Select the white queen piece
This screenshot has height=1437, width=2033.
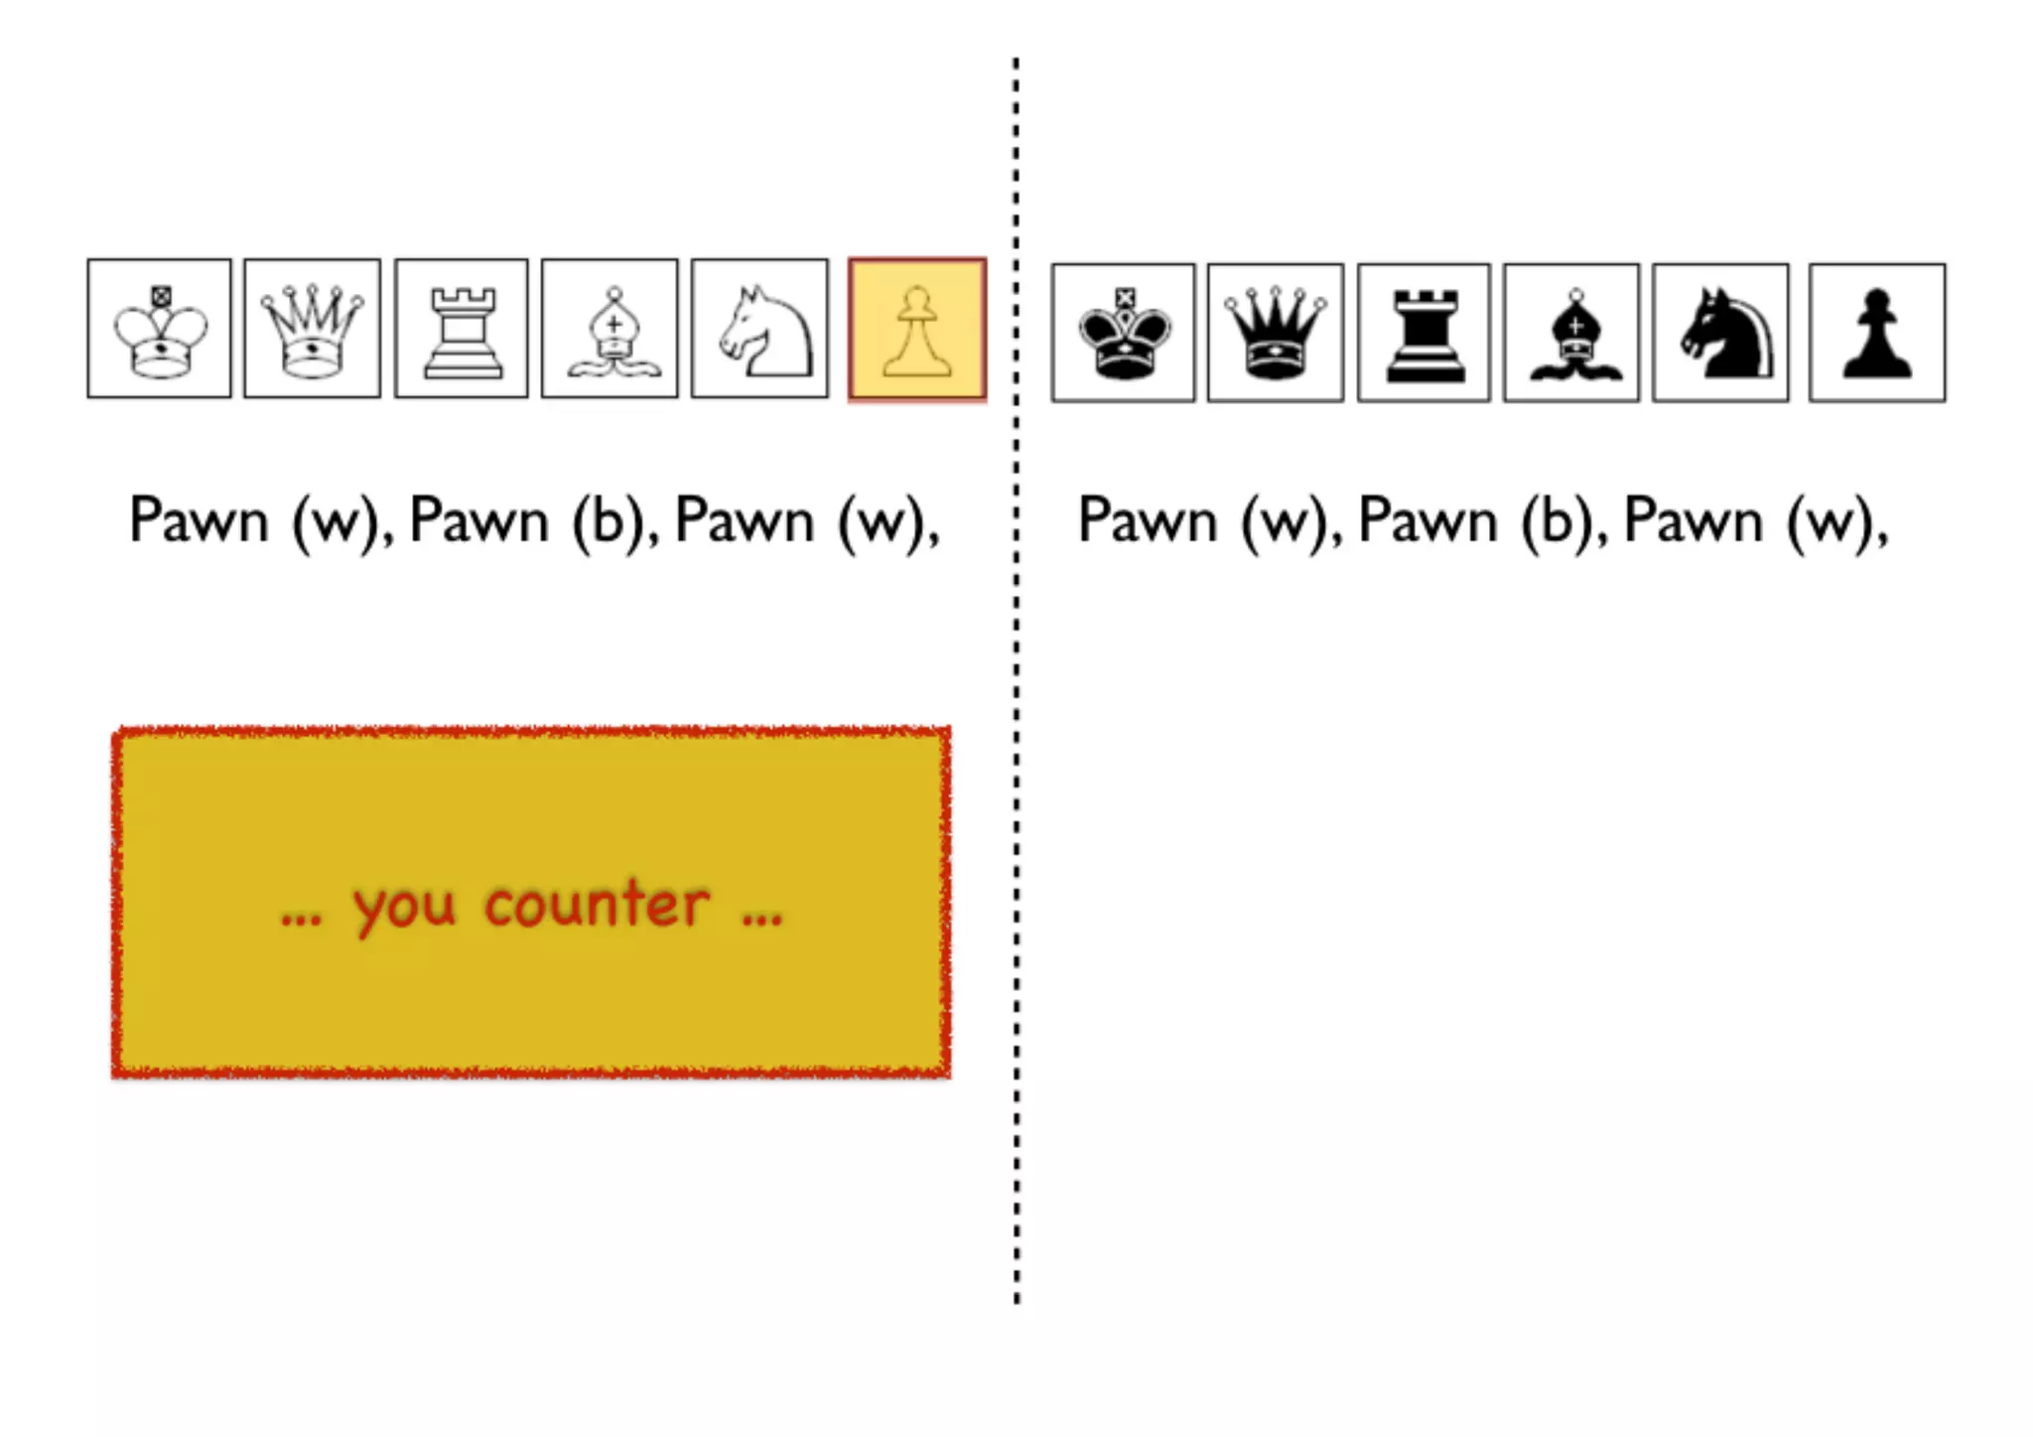[x=312, y=330]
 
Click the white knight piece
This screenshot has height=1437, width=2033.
[x=761, y=332]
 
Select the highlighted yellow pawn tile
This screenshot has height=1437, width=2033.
[x=917, y=330]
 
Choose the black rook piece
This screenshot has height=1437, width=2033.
[x=1424, y=336]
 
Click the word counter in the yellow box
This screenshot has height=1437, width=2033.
[x=598, y=906]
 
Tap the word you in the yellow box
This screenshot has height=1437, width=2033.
[x=404, y=909]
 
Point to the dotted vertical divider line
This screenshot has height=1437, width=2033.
[x=1016, y=695]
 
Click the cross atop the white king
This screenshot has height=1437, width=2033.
[x=161, y=295]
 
